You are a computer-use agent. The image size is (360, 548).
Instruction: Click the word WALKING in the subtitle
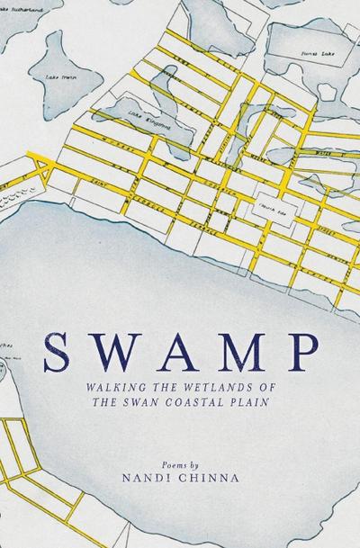coord(103,385)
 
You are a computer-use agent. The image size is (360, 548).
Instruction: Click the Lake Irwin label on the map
coord(57,77)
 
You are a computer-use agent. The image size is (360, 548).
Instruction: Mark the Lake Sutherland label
coord(25,4)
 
